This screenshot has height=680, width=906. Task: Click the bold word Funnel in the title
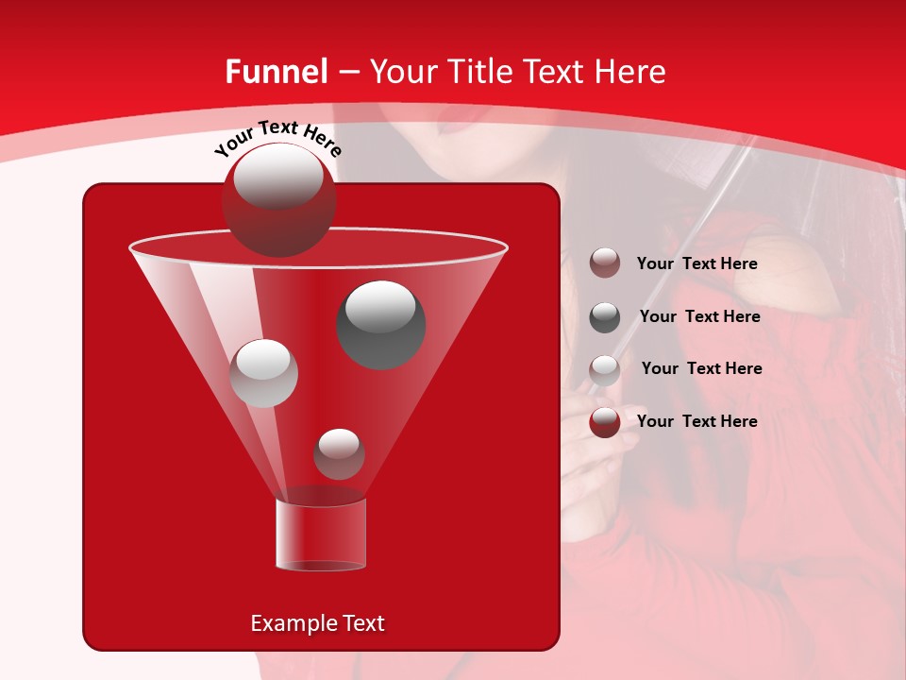point(277,72)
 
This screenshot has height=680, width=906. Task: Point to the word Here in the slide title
point(631,72)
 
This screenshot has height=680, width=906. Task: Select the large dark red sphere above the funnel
point(278,200)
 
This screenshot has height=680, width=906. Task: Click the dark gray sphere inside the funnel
point(381,324)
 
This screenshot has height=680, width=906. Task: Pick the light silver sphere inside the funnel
point(264,372)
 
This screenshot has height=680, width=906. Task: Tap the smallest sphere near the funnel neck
point(339,453)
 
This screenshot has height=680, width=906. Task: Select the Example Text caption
point(317,623)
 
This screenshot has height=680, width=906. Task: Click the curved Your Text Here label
point(277,136)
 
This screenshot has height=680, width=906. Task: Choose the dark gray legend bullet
point(605,317)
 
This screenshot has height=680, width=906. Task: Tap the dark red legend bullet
point(605,422)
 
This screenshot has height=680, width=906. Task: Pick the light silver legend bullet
point(605,369)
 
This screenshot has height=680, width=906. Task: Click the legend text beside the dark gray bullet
point(699,316)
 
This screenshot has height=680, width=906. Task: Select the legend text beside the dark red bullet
point(696,421)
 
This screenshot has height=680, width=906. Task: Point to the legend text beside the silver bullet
point(701,368)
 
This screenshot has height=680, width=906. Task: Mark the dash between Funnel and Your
point(347,73)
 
